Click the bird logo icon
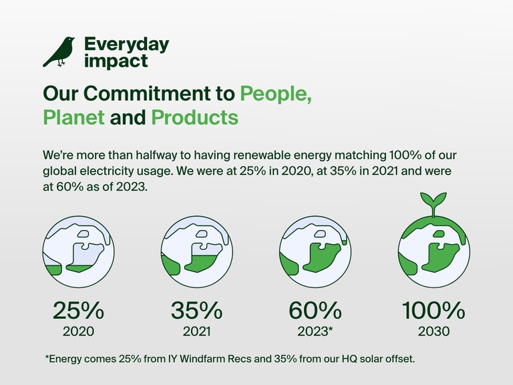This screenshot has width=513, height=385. pos(59,52)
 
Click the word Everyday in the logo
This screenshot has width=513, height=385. pos(126,45)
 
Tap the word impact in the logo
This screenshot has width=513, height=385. pos(116,61)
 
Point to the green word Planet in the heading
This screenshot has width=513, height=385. pos(73,118)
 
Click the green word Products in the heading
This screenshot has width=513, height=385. pos(194,118)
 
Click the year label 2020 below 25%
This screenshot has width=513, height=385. pos(78,331)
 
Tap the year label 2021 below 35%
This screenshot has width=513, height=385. pos(196,331)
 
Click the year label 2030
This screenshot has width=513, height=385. pos(433,331)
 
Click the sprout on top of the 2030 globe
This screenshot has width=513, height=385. pos(433,203)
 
